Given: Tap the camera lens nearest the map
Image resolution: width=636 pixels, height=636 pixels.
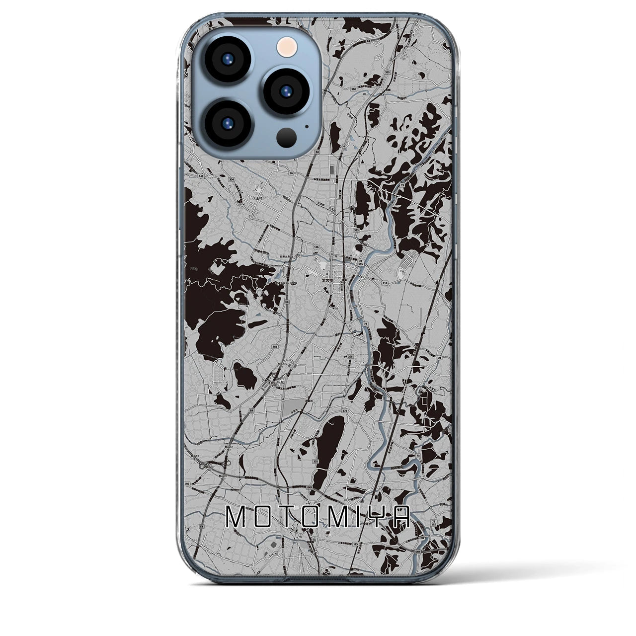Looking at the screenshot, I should pos(287,90).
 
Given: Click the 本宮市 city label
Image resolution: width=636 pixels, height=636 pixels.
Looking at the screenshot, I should pos(328,280).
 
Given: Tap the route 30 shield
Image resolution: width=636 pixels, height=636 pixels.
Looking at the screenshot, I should pos(291,173).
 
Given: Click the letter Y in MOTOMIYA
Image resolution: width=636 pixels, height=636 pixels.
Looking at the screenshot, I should pos(376,517).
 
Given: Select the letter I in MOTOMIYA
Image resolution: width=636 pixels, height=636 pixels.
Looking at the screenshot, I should pos(356,517).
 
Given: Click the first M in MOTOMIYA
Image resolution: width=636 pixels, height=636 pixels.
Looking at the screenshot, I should pos(235,517).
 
